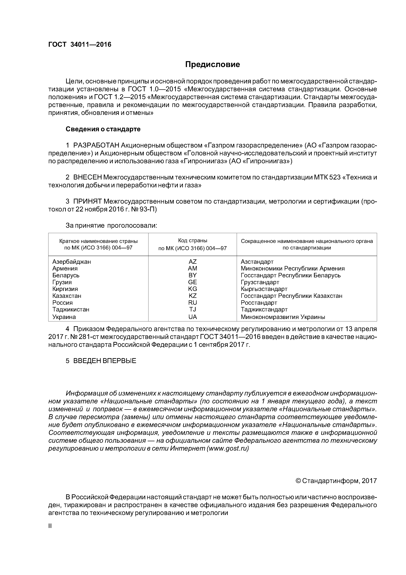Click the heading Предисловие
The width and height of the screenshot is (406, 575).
(212, 65)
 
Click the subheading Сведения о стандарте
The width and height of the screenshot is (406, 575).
(103, 129)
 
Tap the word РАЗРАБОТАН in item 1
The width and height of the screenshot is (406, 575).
(96, 145)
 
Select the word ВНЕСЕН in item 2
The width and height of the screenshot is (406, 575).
(88, 177)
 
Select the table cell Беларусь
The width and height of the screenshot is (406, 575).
(66, 275)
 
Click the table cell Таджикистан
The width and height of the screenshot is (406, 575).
(71, 309)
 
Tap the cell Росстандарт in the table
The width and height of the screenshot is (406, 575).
(259, 303)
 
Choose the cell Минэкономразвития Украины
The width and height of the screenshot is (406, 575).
(283, 317)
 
